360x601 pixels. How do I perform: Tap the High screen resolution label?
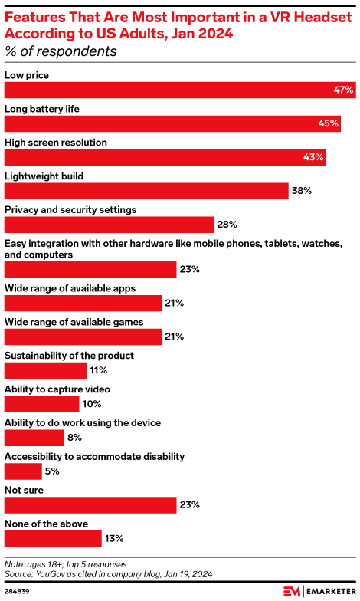coord(56,143)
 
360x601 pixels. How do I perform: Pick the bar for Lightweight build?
coord(146,191)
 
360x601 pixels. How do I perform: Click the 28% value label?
coord(227,225)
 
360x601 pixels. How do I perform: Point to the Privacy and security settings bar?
coord(109,225)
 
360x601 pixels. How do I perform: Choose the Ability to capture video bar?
coord(42,404)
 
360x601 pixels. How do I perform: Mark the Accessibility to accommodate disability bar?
coord(23,471)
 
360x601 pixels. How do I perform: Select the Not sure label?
coord(24,490)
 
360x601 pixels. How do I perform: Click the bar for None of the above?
coord(53,539)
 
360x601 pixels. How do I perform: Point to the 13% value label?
coord(113,539)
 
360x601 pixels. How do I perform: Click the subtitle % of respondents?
coord(61,52)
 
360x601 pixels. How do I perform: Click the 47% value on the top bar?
coord(343,90)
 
